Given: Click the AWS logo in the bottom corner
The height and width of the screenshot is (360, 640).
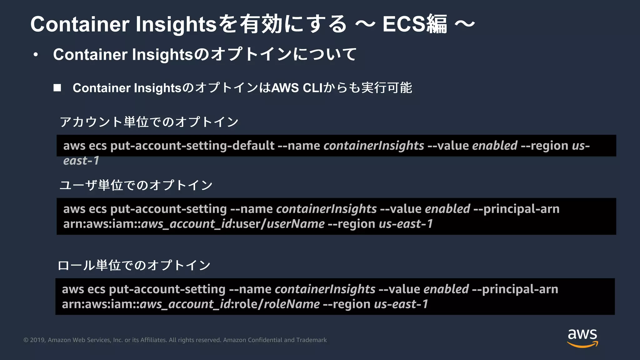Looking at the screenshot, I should [x=582, y=338].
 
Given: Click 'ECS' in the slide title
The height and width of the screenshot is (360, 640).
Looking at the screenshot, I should [x=404, y=24].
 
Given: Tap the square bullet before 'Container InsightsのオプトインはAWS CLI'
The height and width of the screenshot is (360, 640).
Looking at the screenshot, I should [x=57, y=88].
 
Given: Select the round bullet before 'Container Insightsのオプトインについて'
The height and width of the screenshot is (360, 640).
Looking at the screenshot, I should [x=36, y=55].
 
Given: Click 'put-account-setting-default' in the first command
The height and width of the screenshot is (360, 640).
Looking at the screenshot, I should [x=192, y=146].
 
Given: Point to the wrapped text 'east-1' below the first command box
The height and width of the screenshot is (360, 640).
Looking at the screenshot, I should [x=81, y=161].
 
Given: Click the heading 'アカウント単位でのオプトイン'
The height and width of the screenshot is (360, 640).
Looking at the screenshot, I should [x=149, y=122].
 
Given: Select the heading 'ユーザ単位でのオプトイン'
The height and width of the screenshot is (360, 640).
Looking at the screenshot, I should [x=136, y=185].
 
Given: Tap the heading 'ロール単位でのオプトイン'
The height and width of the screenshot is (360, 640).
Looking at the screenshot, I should [x=134, y=265].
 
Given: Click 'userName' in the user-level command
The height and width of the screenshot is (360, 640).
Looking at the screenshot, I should [x=295, y=224].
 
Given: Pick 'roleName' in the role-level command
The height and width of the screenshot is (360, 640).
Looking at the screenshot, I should [x=292, y=304].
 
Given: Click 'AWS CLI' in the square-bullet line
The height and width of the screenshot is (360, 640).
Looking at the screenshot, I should [x=297, y=88].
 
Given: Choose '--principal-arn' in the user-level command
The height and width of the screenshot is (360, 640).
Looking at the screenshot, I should [x=516, y=209].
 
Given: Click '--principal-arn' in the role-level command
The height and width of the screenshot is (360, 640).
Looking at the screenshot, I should [x=515, y=289].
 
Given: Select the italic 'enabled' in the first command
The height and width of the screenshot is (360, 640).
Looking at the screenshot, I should [x=495, y=146].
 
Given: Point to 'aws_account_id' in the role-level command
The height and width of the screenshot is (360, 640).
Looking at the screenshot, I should [x=185, y=304].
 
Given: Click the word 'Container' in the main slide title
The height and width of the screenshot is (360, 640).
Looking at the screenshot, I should [x=80, y=24].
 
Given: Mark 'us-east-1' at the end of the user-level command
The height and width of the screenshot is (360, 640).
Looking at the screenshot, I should [x=406, y=224].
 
